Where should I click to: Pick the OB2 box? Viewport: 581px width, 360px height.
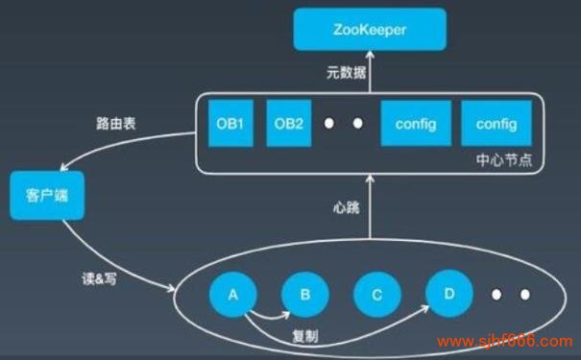tap(288, 125)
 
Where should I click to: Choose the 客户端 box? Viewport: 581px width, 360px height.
tap(45, 197)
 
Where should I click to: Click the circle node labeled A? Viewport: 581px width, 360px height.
tap(232, 295)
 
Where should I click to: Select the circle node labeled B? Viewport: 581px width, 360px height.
tap(304, 295)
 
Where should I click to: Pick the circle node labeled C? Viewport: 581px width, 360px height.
tap(376, 295)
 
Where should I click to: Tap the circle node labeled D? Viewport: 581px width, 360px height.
tap(446, 294)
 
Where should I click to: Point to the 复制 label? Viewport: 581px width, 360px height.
tap(305, 338)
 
